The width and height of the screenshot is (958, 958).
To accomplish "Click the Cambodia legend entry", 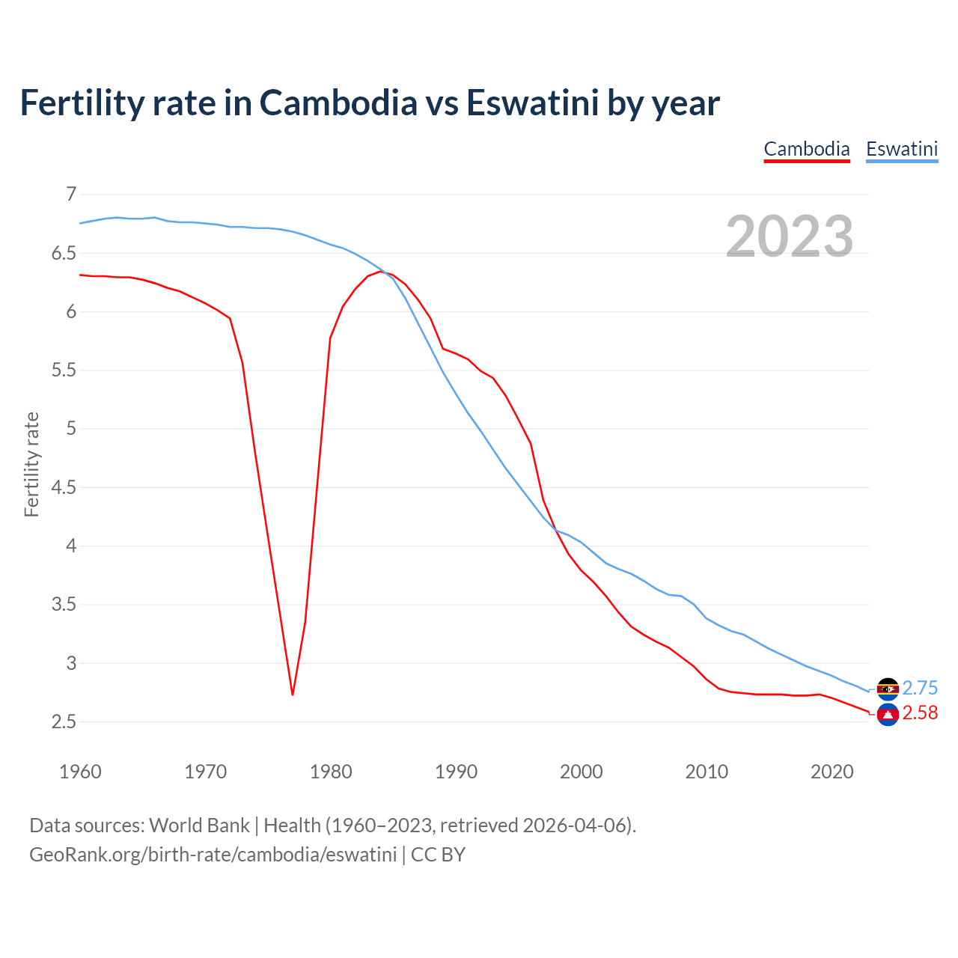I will coord(807,149).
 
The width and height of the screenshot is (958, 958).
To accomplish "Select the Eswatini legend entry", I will coord(902,149).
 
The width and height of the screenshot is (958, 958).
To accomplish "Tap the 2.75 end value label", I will coord(920,689).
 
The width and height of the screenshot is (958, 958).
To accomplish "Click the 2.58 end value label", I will coord(920,713).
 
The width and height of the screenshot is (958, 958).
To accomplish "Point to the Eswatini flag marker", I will coord(888,689).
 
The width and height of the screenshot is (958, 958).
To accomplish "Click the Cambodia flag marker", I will coord(888,715).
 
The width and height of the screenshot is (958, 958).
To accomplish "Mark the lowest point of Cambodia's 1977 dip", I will coord(293,695).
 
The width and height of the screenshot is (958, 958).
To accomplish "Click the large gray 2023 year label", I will coord(790,237).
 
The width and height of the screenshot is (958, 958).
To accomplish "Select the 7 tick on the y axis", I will coord(71,195).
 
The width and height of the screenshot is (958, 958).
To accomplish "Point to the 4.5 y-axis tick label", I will coord(64,487).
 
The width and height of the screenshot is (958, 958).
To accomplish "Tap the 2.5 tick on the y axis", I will coord(64,721).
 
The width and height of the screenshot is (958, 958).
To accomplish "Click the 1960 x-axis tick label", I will coord(80,772).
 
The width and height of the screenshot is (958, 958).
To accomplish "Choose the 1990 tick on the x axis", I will coord(456,772).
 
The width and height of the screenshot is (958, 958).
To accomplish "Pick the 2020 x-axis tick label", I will coord(832,772).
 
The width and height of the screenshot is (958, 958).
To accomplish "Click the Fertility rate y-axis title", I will coord(31,464).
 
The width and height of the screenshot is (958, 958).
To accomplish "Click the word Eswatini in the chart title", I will coord(532,103).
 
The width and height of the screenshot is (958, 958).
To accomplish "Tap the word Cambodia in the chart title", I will coord(338,103).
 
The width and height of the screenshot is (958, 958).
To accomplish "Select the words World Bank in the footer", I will coord(199,826).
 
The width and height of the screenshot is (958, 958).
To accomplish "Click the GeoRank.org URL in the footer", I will coord(213,855).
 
